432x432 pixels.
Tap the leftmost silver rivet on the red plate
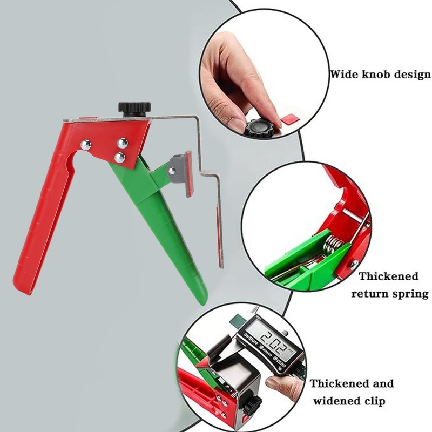pos(85,144)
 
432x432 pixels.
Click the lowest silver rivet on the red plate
pos(119,157)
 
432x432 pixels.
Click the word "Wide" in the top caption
pos(344,75)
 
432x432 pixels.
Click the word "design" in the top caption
pos(412,75)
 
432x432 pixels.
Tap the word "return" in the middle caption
pos(372,295)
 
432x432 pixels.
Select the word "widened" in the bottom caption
pos(337,402)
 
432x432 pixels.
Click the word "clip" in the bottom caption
pos(377,402)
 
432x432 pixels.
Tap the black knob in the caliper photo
pos(252,403)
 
